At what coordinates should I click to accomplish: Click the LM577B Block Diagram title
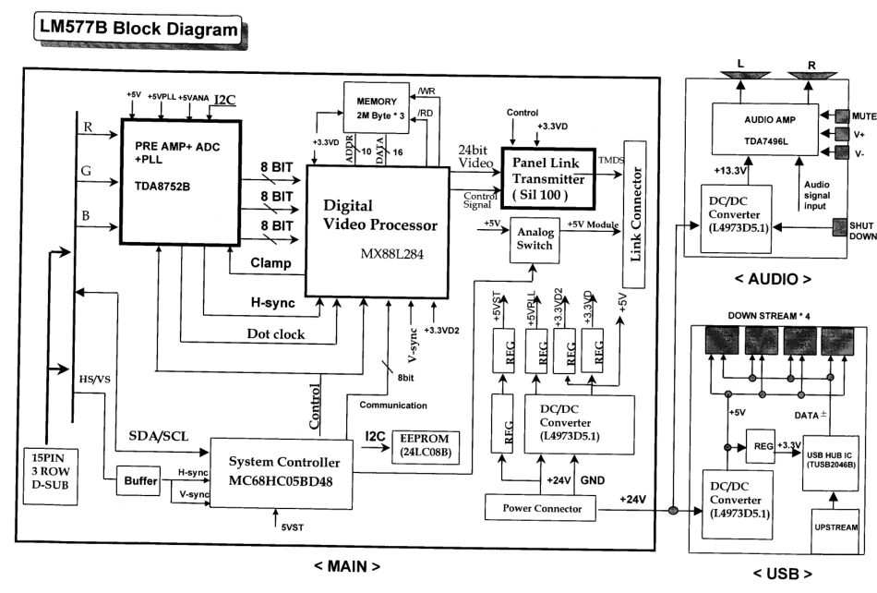(134, 30)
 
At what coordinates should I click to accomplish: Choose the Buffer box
(137, 480)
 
